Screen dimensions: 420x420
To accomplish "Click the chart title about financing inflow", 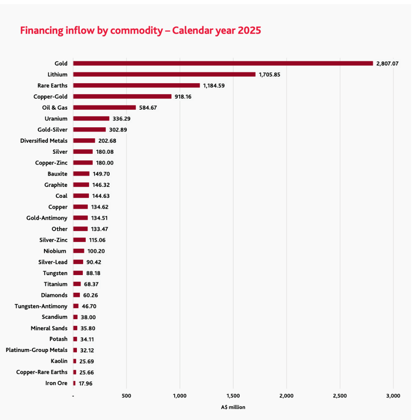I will click(x=141, y=31).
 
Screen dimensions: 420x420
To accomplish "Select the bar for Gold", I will click(x=223, y=63).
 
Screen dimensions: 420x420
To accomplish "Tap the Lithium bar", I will click(x=164, y=74).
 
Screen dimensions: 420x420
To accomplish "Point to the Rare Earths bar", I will click(x=136, y=85).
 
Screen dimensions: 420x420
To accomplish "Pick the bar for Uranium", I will click(x=91, y=118).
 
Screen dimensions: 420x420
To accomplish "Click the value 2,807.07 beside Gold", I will click(x=387, y=63).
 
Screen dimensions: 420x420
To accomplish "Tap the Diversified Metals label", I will click(x=44, y=141).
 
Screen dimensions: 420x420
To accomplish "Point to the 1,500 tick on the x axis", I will click(x=233, y=396).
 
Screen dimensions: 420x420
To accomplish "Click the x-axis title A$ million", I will click(x=233, y=407).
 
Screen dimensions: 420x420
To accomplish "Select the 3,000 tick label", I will click(x=393, y=396).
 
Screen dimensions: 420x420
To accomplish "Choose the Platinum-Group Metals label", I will click(x=37, y=350).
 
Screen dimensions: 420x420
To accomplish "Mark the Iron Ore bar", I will click(x=74, y=383).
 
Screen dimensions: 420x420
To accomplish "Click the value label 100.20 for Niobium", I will click(x=96, y=251).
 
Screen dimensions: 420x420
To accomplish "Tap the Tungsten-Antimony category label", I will click(x=41, y=306).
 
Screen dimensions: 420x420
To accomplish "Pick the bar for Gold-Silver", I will click(x=89, y=129).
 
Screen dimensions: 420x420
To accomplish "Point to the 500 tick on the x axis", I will click(x=126, y=396).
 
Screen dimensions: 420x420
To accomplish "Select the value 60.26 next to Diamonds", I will click(x=90, y=295).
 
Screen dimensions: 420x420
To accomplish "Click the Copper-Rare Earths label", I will click(x=42, y=372).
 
